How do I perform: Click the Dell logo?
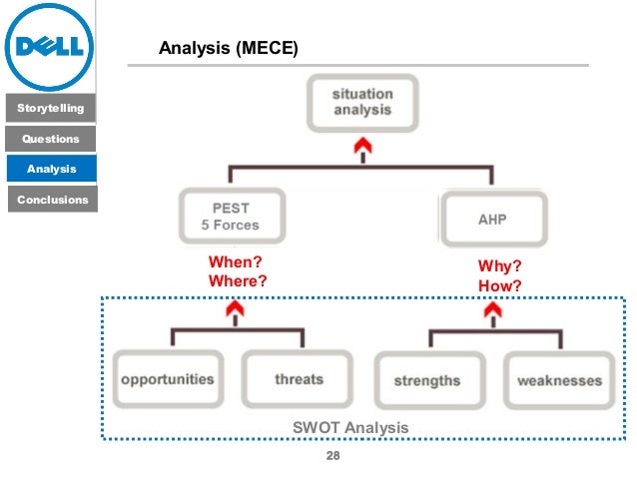pyautogui.click(x=49, y=47)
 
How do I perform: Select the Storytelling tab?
pyautogui.click(x=49, y=107)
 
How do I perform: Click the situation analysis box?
pyautogui.click(x=362, y=101)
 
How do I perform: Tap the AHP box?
pyautogui.click(x=493, y=219)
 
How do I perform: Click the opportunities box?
pyautogui.click(x=167, y=379)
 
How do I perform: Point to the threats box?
pyautogui.click(x=299, y=379)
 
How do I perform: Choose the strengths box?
pyautogui.click(x=427, y=380)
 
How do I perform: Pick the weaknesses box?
pyautogui.click(x=559, y=380)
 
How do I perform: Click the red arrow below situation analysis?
pyautogui.click(x=362, y=148)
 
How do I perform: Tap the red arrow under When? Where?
pyautogui.click(x=237, y=312)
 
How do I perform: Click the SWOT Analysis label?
pyautogui.click(x=350, y=427)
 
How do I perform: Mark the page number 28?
pyautogui.click(x=334, y=456)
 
